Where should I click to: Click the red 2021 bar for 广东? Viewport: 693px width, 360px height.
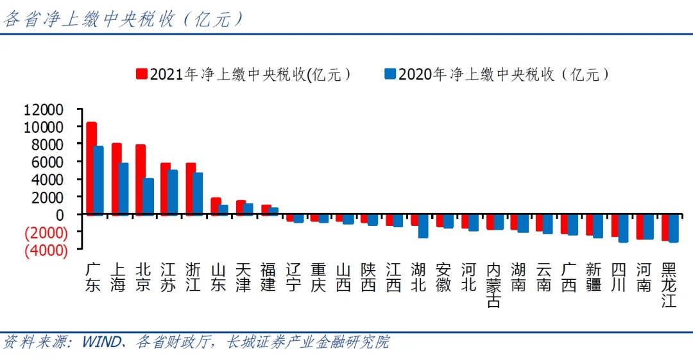(91, 168)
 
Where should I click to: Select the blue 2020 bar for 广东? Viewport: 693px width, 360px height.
(98, 180)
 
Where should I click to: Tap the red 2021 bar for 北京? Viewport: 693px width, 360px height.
(141, 180)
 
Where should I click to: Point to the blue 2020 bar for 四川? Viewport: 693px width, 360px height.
(622, 228)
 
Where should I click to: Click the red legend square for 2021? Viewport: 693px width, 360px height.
(141, 74)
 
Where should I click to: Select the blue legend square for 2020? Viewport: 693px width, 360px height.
(389, 74)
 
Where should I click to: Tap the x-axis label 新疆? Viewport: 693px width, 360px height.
(594, 277)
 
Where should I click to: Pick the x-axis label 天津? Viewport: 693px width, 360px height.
(243, 277)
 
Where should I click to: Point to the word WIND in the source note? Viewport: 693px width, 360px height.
(101, 342)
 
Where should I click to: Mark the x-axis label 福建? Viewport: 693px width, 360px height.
(268, 277)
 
